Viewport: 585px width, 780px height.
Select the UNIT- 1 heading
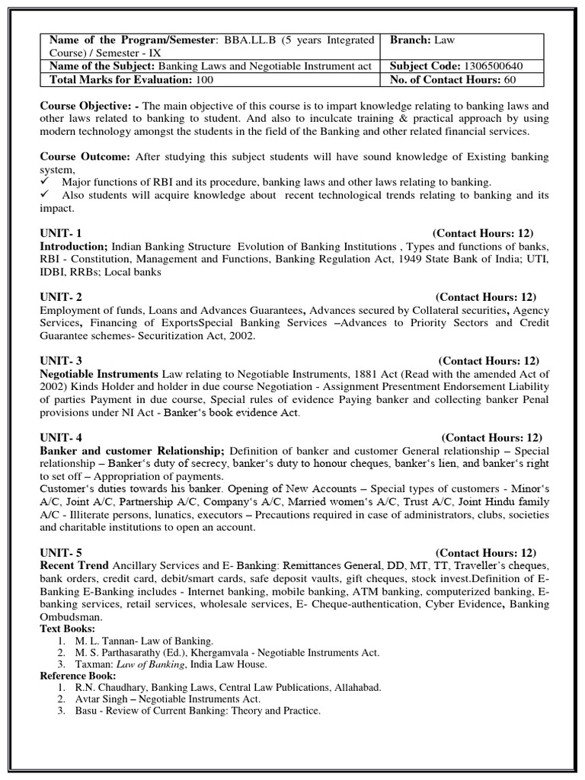pyautogui.click(x=61, y=233)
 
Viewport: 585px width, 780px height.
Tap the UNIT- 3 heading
pyautogui.click(x=61, y=360)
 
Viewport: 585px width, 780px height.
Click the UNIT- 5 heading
pyautogui.click(x=61, y=552)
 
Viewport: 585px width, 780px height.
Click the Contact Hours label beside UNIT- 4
pyautogui.click(x=491, y=437)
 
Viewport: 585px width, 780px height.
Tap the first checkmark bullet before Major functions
pyautogui.click(x=46, y=182)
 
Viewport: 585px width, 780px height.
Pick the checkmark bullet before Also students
pyautogui.click(x=46, y=195)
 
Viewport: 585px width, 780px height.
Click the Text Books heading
pyautogui.click(x=68, y=628)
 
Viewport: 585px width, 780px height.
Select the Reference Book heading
pyautogui.click(x=78, y=675)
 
